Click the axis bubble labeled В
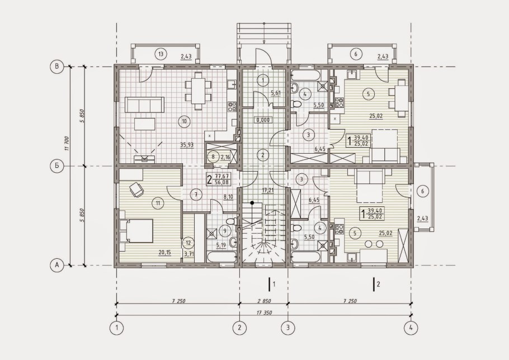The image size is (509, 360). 58,67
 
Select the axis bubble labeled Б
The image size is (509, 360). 58,166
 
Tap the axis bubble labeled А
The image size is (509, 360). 58,266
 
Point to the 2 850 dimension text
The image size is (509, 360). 264,301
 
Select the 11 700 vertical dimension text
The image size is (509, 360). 67,144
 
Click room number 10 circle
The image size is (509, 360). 185,122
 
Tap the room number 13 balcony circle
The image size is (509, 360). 161,54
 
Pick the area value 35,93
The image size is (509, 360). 187,145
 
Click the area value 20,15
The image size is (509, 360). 165,253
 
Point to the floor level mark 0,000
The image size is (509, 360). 263,120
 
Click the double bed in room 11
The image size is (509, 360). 136,231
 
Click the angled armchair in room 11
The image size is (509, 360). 136,190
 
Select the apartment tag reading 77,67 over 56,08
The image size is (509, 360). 219,179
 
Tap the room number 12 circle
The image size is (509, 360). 188,242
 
